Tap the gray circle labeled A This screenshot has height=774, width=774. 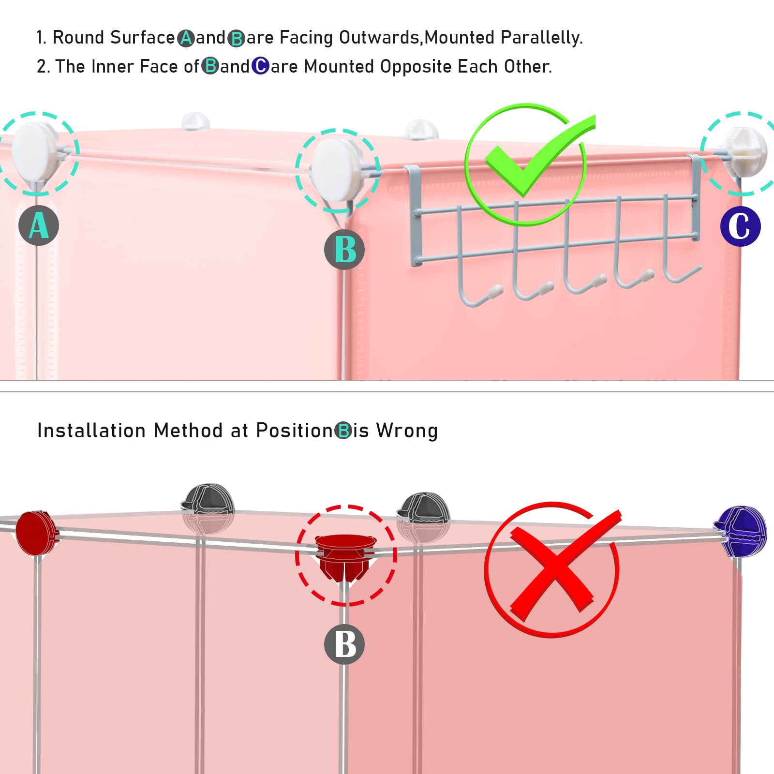(x=39, y=225)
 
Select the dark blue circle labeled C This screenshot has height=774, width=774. (x=740, y=226)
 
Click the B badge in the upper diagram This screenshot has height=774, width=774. (x=344, y=250)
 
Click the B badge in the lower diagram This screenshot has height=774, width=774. (x=344, y=644)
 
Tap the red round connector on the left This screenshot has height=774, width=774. (x=35, y=532)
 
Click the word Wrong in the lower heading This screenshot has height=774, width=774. (x=407, y=431)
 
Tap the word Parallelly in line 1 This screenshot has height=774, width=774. (x=541, y=38)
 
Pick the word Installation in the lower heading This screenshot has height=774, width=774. (x=91, y=431)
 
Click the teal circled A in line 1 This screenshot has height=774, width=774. (x=186, y=38)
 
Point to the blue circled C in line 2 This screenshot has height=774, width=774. (x=260, y=66)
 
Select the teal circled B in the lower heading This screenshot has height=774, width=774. (x=343, y=431)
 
